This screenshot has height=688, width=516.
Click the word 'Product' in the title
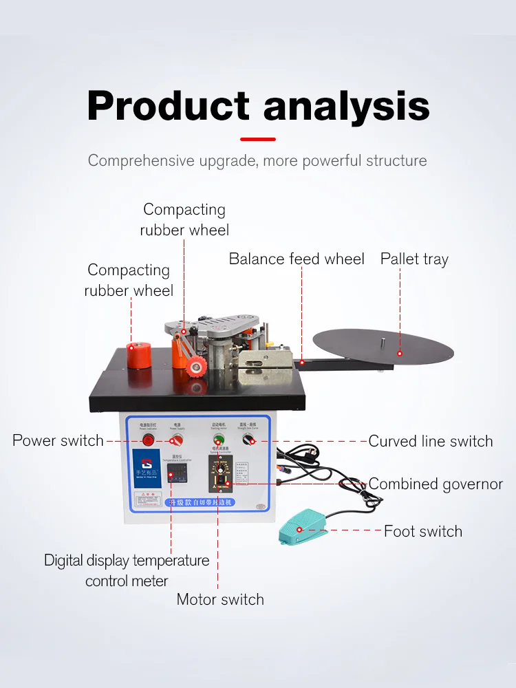click(168, 107)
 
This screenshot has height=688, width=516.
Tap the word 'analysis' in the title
click(346, 108)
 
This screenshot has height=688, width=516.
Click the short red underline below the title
click(258, 139)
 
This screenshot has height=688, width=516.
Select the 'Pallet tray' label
click(414, 259)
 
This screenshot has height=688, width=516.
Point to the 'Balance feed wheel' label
click(297, 259)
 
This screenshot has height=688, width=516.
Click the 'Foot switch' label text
click(422, 531)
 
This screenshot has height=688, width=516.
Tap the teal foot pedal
click(303, 524)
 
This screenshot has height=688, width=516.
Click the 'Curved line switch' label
click(431, 441)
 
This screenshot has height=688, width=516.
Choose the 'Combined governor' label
click(436, 484)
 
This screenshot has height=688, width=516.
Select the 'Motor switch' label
click(220, 599)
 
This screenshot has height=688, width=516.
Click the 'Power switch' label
click(58, 440)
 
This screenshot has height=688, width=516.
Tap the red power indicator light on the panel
click(148, 440)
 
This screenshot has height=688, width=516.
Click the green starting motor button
click(219, 441)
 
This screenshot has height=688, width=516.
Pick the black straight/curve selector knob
click(253, 441)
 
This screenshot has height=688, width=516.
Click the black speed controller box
click(220, 474)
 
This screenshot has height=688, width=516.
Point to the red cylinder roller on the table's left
click(140, 354)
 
